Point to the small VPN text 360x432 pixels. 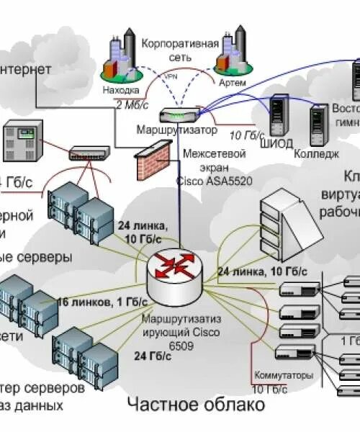[171, 76]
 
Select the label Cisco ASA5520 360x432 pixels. [214, 180]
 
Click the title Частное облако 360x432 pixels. [195, 405]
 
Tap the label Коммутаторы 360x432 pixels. [284, 375]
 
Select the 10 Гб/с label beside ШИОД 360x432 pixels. [246, 135]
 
